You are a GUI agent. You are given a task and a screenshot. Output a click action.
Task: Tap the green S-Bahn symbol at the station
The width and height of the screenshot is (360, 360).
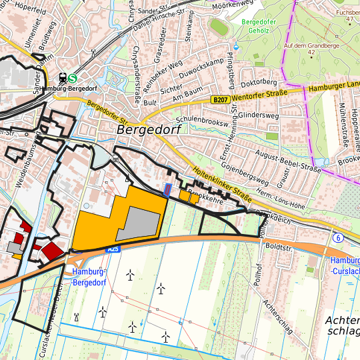click(72, 77)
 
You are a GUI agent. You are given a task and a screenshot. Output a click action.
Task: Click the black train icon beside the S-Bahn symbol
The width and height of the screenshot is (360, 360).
click(62, 77)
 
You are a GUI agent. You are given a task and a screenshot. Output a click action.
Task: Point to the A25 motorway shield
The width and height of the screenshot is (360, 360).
click(113, 248)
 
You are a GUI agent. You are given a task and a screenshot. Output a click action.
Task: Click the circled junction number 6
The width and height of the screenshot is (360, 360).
click(339, 237)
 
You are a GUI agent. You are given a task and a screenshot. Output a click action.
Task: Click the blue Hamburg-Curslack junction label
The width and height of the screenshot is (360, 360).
click(345, 265)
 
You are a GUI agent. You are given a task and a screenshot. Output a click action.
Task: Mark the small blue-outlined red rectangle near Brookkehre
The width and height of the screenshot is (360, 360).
click(167, 191)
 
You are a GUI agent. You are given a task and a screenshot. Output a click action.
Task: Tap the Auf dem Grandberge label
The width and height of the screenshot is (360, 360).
click(307, 45)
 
